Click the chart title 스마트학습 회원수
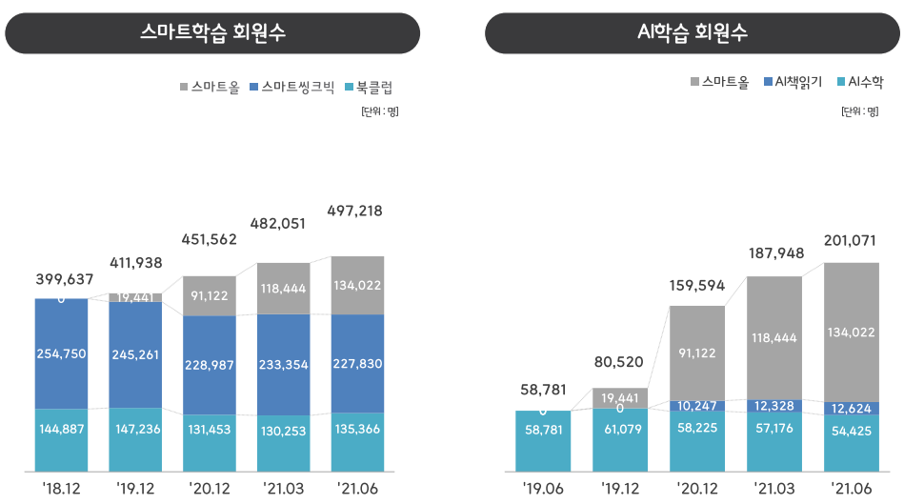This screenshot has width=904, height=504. (212, 33)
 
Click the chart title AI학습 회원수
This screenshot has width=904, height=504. (693, 33)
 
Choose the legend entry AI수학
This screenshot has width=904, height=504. (865, 83)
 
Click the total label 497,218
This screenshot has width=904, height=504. (354, 211)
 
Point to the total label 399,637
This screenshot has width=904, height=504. (65, 279)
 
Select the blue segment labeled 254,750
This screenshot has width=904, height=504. (63, 353)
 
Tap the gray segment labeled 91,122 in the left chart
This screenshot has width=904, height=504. (210, 295)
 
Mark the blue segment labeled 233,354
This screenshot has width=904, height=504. (283, 365)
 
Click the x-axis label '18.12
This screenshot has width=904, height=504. (63, 488)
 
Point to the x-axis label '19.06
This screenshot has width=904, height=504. (543, 488)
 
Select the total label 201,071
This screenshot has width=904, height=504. (851, 240)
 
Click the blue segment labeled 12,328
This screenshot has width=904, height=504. (773, 407)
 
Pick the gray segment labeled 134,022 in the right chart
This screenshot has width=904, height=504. (851, 332)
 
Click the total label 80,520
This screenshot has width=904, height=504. (619, 362)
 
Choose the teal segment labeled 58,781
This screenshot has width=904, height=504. (543, 440)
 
